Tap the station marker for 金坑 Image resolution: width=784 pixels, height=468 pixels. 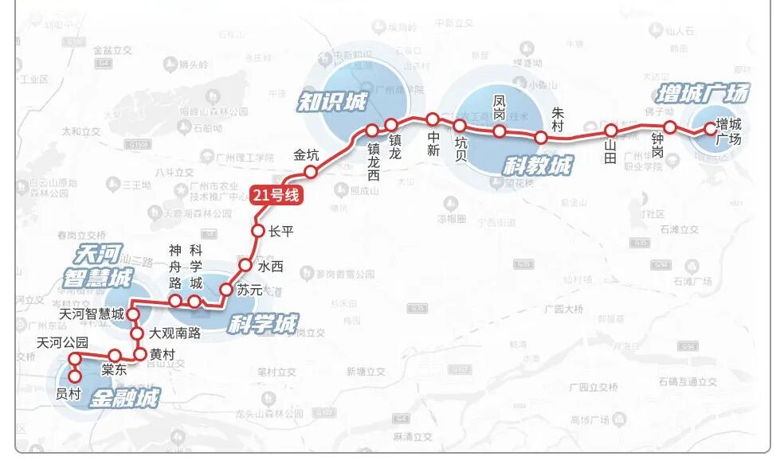[312, 171]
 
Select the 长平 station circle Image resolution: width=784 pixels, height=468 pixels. [257, 231]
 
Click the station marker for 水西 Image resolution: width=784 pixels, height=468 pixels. [245, 266]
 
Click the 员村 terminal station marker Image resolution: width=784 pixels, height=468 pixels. [75, 377]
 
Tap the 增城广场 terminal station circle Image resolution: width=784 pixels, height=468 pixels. [709, 128]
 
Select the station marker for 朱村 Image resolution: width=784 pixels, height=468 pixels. [541, 137]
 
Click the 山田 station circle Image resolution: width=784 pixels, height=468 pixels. [611, 131]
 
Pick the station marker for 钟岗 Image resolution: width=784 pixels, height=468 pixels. [670, 127]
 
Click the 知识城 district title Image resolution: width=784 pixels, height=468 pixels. [332, 101]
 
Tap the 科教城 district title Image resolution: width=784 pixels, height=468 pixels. [538, 166]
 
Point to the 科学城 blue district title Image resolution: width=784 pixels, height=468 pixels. [262, 323]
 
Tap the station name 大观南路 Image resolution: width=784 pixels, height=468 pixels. [175, 333]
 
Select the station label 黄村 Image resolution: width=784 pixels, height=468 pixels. [162, 356]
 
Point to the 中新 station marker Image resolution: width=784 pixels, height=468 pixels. [433, 119]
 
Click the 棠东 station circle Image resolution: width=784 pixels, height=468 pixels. [115, 356]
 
